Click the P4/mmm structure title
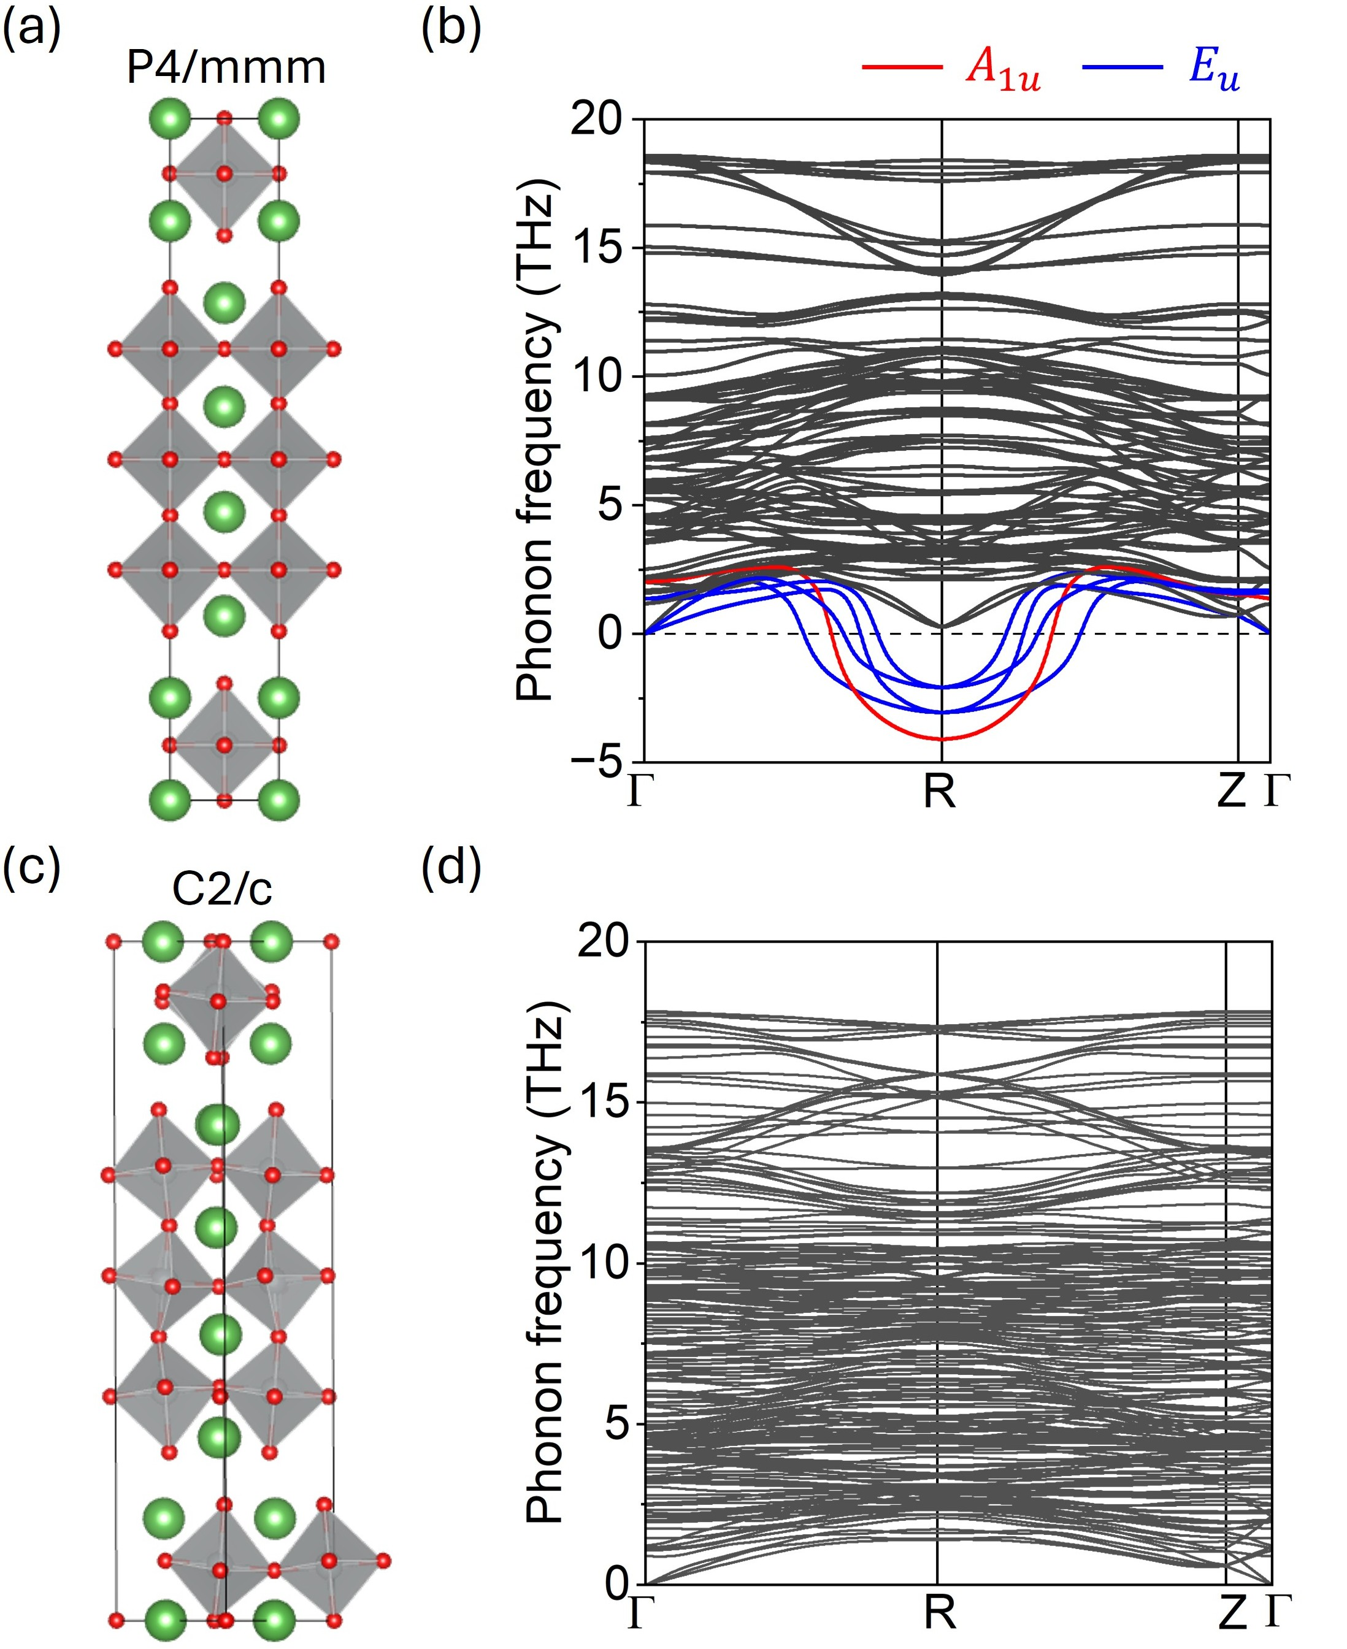(226, 68)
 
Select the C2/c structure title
(222, 890)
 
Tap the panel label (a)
(31, 31)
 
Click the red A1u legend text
(1002, 70)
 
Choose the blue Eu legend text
(1215, 70)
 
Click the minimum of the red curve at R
(941, 738)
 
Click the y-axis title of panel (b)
(535, 440)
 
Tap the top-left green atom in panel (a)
(169, 119)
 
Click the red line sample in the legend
(902, 67)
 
